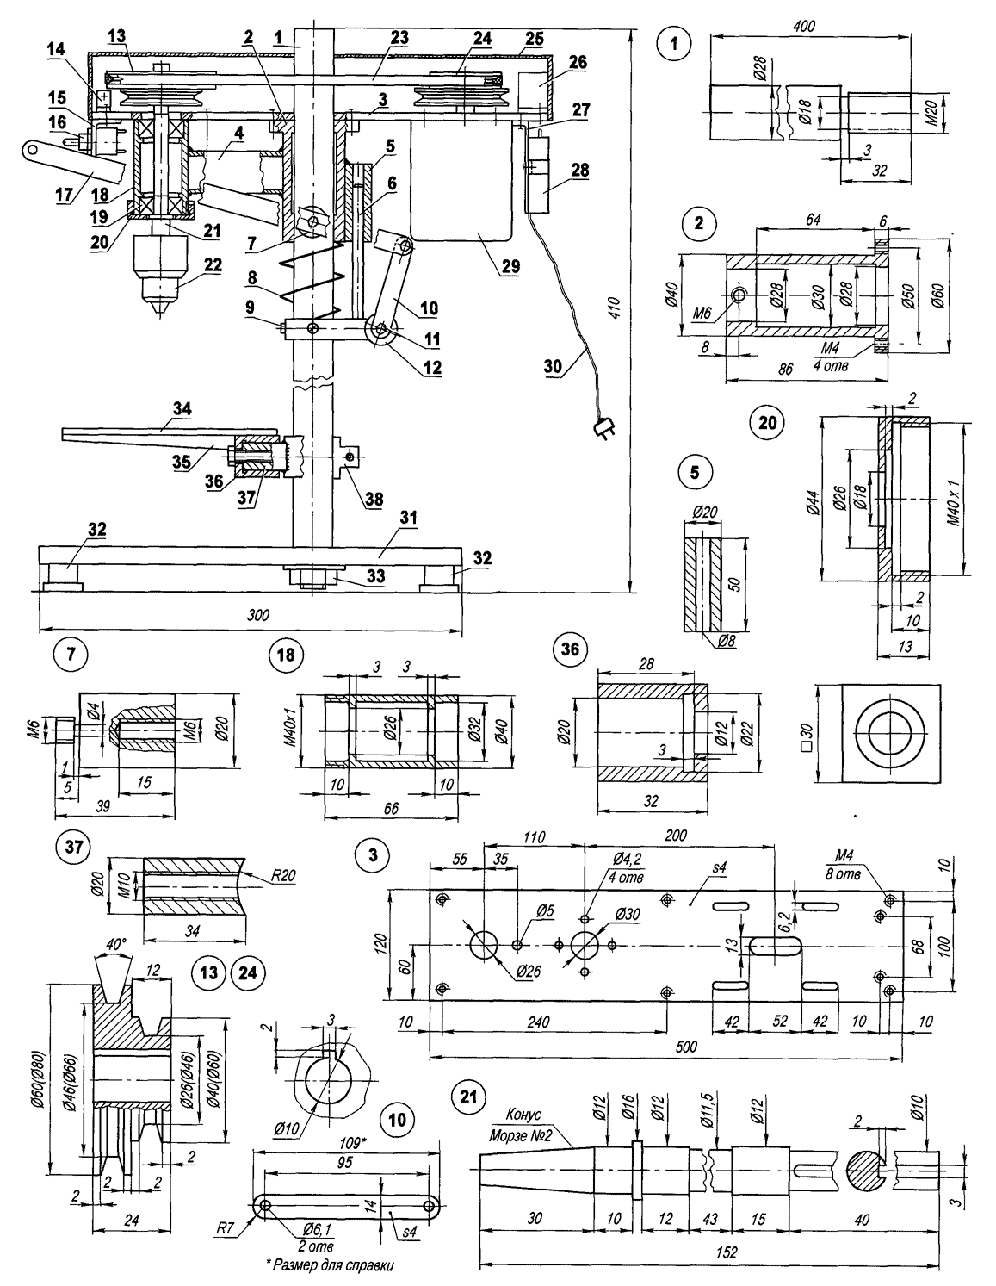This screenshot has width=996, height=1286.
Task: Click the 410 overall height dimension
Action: pos(614,314)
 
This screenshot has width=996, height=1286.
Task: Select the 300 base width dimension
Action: pos(257,615)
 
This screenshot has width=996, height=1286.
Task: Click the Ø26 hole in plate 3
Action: pos(486,944)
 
